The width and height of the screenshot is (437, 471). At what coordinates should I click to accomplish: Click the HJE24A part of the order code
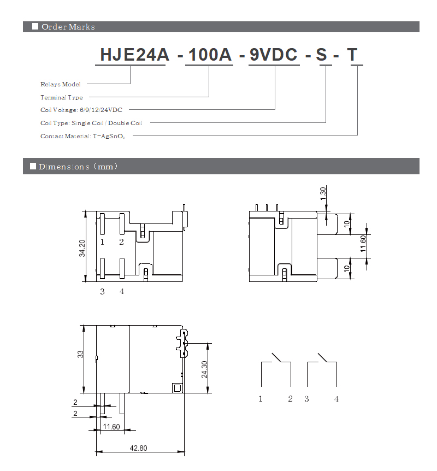[x=134, y=55]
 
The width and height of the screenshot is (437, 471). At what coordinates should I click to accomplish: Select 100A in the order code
[x=210, y=55]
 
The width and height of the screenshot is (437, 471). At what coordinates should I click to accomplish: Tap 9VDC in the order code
[x=273, y=55]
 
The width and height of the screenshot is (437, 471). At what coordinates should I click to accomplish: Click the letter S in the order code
[x=321, y=55]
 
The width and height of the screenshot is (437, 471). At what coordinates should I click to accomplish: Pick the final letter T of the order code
[x=352, y=55]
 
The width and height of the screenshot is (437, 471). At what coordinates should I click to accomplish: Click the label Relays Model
[x=61, y=84]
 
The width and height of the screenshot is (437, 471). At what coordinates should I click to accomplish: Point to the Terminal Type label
[x=62, y=97]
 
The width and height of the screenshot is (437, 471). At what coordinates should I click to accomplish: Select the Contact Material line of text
[x=82, y=137]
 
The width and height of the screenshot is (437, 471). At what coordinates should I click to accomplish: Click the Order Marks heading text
[x=68, y=27]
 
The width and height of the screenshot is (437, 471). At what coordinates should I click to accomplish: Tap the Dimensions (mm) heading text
[x=78, y=167]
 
